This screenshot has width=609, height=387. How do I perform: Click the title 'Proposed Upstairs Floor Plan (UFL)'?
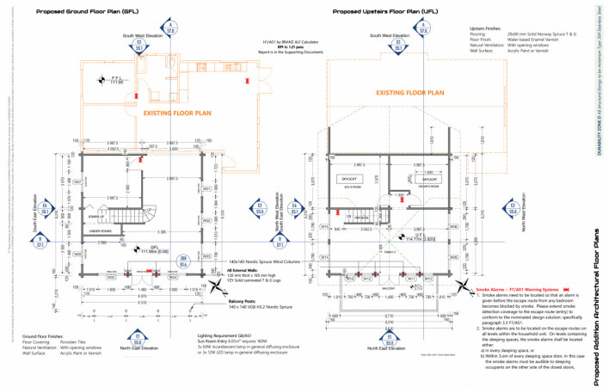click(x=382, y=12)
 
